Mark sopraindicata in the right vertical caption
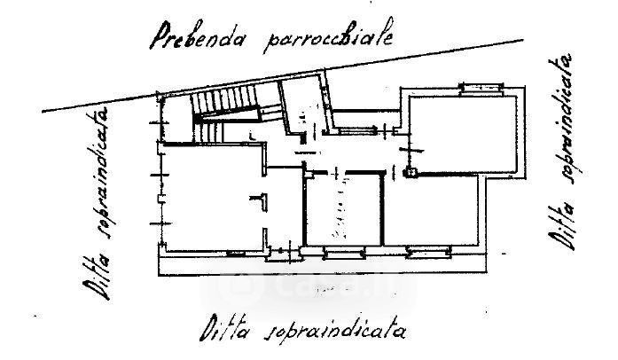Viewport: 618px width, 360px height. click(568, 120)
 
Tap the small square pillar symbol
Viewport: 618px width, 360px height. click(410, 173)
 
